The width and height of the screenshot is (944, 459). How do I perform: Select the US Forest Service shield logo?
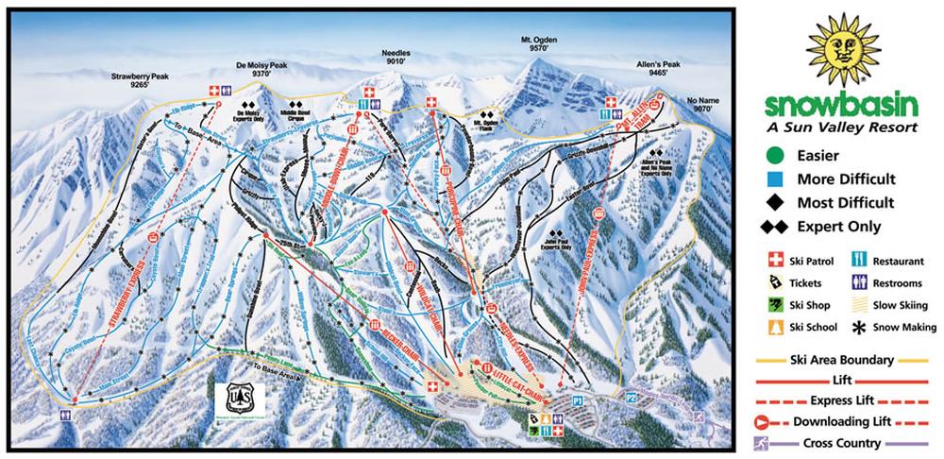pos(232,398)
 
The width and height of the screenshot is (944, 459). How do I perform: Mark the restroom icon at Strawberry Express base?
pos(65,415)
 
